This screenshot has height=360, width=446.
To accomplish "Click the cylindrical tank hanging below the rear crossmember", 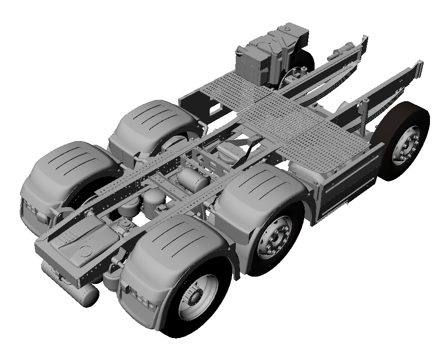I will (x=87, y=295).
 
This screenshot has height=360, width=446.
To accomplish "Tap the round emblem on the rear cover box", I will (x=85, y=251).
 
